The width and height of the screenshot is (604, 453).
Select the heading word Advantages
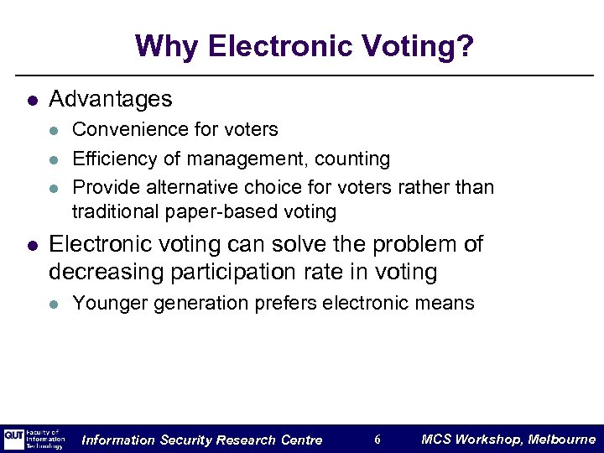tap(111, 99)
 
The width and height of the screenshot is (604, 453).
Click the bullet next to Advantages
tap(32, 100)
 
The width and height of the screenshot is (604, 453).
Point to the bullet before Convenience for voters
tap(54, 131)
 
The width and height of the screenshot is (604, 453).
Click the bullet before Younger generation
tap(54, 304)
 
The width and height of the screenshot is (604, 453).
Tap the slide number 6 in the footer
tap(377, 440)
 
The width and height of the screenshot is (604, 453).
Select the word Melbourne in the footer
tap(561, 440)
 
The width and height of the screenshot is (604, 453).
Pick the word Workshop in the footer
tap(488, 440)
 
